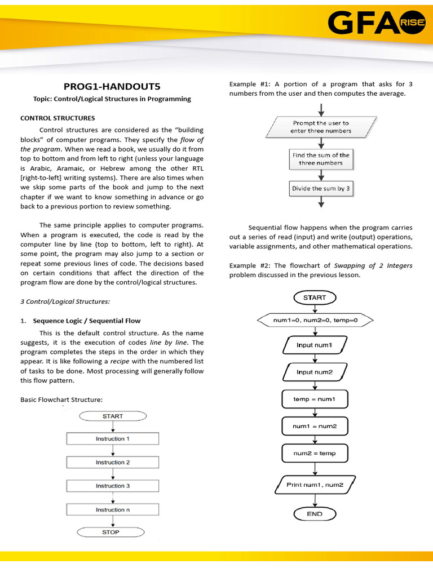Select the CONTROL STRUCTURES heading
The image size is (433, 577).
click(x=58, y=118)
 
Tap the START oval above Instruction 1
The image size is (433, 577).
click(x=113, y=416)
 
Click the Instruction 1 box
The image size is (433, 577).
click(x=113, y=438)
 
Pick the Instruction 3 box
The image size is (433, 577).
click(x=113, y=486)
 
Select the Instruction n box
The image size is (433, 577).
click(x=113, y=509)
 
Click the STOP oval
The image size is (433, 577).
click(x=111, y=532)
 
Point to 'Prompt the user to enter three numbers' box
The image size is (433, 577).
click(x=321, y=127)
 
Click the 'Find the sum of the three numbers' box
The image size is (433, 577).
click(x=321, y=159)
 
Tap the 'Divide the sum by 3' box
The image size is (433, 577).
click(x=321, y=189)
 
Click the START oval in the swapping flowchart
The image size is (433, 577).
click(x=315, y=298)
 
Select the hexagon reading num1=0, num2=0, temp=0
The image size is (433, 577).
click(x=315, y=320)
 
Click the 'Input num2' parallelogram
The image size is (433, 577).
click(x=315, y=372)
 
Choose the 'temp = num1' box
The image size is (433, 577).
click(x=315, y=399)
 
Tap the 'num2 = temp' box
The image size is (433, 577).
click(x=315, y=453)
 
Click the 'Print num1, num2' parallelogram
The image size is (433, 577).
click(x=315, y=485)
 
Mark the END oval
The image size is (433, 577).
click(x=315, y=513)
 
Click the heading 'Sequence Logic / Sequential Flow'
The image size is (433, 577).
click(x=87, y=321)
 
